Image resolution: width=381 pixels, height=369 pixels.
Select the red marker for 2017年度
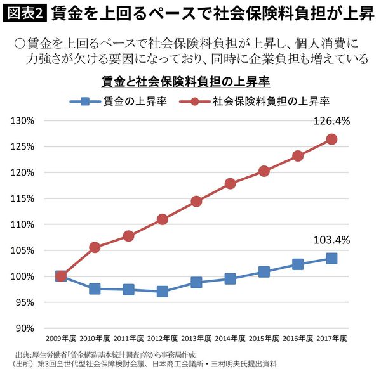(x=331, y=139)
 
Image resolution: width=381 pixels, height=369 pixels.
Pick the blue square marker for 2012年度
(x=162, y=292)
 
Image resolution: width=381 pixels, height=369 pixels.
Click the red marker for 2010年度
(x=95, y=247)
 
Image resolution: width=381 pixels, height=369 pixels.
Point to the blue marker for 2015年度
(x=264, y=272)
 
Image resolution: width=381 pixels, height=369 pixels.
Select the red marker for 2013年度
(x=196, y=202)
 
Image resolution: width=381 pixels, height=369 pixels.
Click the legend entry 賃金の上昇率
(x=121, y=101)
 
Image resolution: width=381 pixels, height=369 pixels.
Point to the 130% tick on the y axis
(x=25, y=120)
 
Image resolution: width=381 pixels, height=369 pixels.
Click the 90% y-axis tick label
(x=27, y=328)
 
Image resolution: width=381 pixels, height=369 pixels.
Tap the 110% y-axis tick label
(x=25, y=224)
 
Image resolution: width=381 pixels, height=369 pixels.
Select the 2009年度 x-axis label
(x=60, y=338)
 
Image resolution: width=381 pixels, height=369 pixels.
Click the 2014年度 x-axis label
(x=230, y=338)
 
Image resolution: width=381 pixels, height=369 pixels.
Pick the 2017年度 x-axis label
(x=331, y=338)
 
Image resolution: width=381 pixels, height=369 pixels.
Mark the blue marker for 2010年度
(x=95, y=289)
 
